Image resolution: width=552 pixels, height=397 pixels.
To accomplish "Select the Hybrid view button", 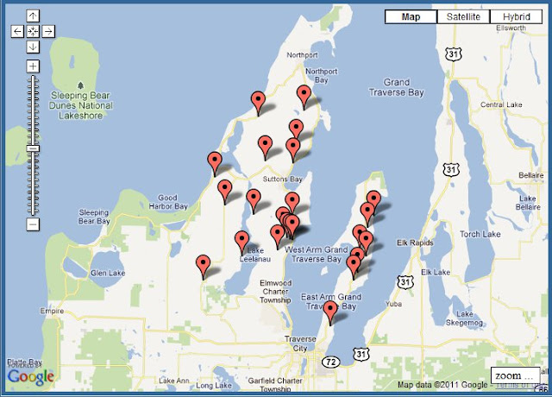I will tap(515, 16).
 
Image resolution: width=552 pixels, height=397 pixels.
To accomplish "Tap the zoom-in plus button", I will tap(33, 66).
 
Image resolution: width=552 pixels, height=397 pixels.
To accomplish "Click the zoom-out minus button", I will tap(33, 224).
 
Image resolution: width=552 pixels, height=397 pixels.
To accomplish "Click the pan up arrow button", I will tap(33, 16).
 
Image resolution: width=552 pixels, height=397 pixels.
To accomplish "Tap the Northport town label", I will tap(304, 55).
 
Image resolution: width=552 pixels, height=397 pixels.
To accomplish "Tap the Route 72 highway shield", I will tap(331, 362).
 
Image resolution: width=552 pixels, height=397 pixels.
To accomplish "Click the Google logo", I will tap(31, 376).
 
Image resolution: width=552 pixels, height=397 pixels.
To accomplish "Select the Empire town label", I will tap(52, 312).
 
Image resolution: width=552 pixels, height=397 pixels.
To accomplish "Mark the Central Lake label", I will tap(496, 104).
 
